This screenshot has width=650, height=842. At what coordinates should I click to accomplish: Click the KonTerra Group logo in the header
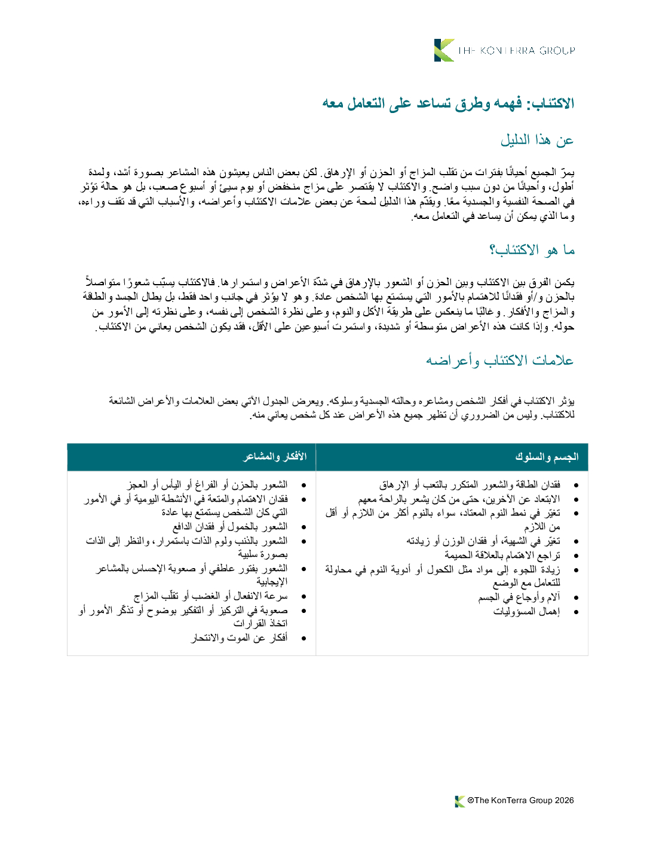tap(505, 50)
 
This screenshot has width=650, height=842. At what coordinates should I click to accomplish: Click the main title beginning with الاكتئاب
tap(448, 103)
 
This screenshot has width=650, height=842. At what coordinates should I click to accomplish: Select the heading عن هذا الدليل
tap(537, 141)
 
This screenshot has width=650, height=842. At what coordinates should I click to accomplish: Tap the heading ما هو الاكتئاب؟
tap(532, 250)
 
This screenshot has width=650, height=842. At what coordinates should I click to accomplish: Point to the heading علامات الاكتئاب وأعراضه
tap(499, 361)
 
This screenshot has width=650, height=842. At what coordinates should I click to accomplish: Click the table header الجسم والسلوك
tap(547, 457)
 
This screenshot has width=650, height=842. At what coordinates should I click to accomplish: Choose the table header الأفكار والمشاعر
tap(275, 457)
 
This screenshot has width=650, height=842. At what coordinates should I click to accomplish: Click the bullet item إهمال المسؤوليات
tap(526, 612)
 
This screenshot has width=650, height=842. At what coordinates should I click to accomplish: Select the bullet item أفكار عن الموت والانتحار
tap(239, 638)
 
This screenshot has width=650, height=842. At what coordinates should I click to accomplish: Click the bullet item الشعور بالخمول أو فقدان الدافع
tap(230, 527)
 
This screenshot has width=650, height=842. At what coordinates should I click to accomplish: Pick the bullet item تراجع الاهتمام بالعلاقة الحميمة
tap(502, 556)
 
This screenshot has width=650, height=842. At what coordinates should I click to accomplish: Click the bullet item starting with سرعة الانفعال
tap(210, 596)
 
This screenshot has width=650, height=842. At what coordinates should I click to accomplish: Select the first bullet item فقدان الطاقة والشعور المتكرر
tap(470, 485)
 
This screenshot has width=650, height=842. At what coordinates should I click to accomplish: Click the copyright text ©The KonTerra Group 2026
tap(520, 801)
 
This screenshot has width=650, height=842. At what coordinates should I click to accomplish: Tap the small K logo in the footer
tap(459, 801)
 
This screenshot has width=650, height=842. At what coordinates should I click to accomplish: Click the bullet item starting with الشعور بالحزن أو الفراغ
tap(207, 485)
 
